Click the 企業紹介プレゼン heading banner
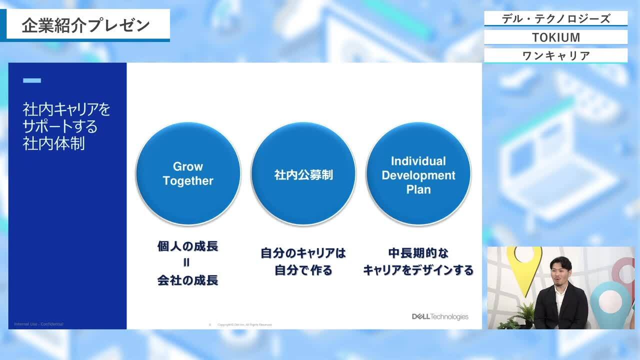point(86,25)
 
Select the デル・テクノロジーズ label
point(555,19)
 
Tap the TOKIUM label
point(555,37)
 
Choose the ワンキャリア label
point(555,55)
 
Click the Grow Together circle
point(188,173)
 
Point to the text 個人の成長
point(188,246)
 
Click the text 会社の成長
point(188,280)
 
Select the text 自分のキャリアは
point(303,253)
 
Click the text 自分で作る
point(303,270)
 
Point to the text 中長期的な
point(418,253)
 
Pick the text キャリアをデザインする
point(418,270)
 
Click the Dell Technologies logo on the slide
point(440,316)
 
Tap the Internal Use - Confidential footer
point(39,324)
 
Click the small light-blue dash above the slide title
point(32,80)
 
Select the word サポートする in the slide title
point(60,126)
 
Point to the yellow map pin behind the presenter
point(522,265)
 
